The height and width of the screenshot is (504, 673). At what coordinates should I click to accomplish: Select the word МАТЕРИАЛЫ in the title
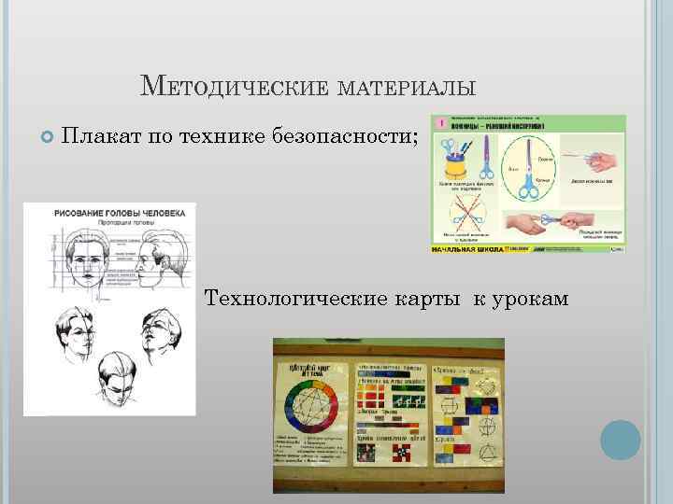(x=408, y=89)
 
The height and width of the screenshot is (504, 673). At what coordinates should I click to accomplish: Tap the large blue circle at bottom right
(x=620, y=439)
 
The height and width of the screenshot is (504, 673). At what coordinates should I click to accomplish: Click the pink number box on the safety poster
(x=439, y=123)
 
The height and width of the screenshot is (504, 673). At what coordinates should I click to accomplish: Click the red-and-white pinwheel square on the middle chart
(x=401, y=454)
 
